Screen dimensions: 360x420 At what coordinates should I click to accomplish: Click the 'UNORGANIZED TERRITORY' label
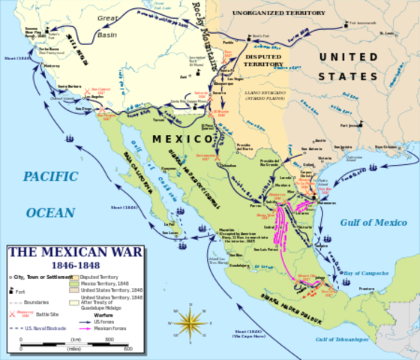click(x=268, y=14)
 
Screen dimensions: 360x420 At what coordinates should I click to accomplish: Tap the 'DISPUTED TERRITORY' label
click(x=265, y=60)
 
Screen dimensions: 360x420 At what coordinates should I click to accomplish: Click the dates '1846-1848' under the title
click(x=58, y=265)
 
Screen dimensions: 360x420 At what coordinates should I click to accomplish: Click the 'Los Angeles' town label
click(x=94, y=97)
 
